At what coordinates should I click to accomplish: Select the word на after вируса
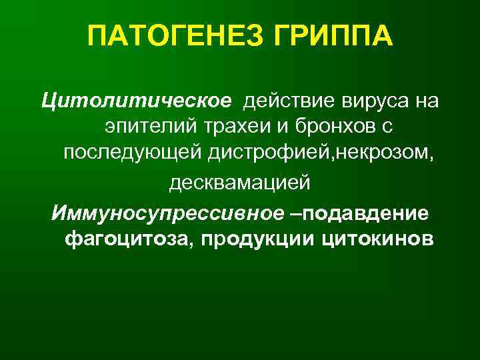tap(425, 102)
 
